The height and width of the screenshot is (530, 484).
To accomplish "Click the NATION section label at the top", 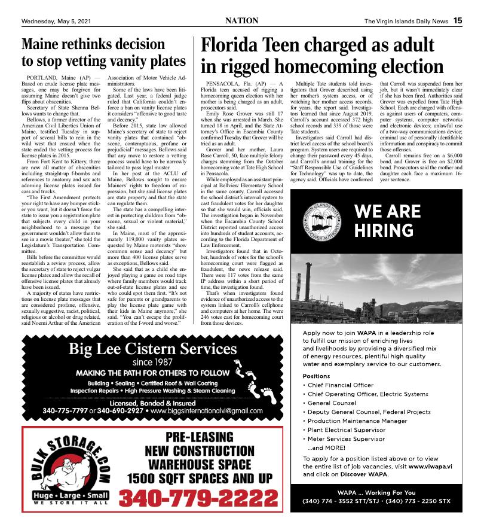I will click(242, 20).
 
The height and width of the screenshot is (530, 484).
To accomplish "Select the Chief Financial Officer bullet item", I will click(341, 385).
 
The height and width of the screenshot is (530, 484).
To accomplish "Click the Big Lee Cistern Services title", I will click(152, 349).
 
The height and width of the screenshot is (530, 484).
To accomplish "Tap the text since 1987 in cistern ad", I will click(152, 362).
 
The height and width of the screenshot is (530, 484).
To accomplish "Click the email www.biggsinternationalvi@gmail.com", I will click(207, 411).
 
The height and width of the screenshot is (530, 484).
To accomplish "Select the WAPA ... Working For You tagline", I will click(376, 492).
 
